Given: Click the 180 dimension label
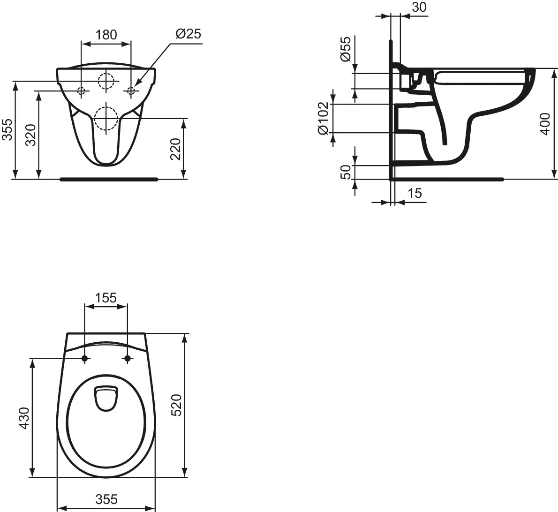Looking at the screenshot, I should (x=106, y=35).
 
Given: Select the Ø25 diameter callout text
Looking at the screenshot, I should (x=188, y=34).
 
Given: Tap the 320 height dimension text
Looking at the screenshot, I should (x=30, y=136).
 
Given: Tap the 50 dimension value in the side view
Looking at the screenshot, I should (x=345, y=172).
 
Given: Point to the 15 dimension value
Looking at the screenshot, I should (x=415, y=193).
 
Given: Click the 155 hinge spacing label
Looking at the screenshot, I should (x=106, y=298).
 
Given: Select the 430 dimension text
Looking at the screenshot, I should (x=23, y=418).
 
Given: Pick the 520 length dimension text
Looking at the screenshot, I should (x=176, y=405).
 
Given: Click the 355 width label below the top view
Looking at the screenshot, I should (x=106, y=499).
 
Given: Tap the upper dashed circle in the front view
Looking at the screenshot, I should (x=106, y=81).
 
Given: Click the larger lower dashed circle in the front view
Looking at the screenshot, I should (x=106, y=118).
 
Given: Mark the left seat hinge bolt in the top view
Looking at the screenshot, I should (x=84, y=359).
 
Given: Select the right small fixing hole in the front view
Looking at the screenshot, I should (x=131, y=90).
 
